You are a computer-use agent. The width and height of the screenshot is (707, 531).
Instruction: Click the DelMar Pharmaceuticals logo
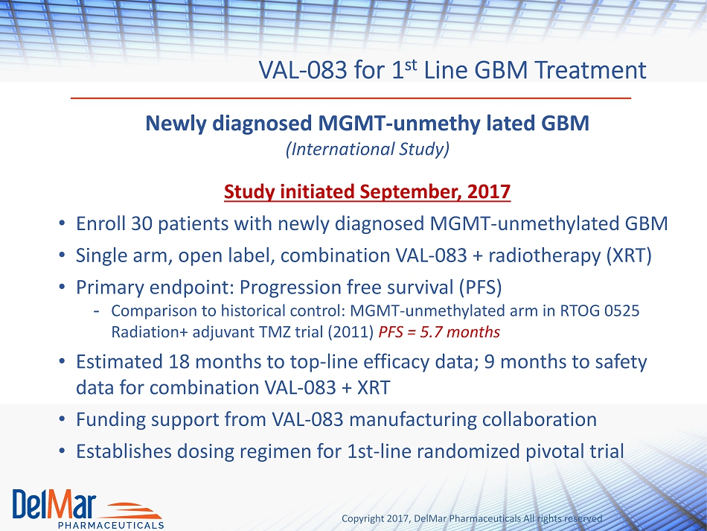point(88,509)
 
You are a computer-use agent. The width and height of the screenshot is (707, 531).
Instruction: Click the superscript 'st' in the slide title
point(410,65)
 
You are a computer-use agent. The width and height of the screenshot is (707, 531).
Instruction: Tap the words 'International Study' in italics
point(368,149)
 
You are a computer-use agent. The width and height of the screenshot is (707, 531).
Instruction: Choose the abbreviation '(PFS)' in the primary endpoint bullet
point(480,287)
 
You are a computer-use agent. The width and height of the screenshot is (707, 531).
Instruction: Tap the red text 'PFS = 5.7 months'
point(439,332)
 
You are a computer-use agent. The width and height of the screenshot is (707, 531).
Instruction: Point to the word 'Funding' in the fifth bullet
point(110,420)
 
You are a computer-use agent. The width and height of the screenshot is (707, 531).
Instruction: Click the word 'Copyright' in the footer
point(362,519)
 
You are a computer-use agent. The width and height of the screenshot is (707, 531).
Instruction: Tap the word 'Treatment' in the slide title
point(591,70)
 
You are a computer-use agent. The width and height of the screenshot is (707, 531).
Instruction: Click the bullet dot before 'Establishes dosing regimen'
point(63,451)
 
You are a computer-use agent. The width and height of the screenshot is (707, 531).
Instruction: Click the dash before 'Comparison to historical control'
point(96,311)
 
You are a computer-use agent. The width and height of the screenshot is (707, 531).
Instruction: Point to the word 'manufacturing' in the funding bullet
point(412,420)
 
